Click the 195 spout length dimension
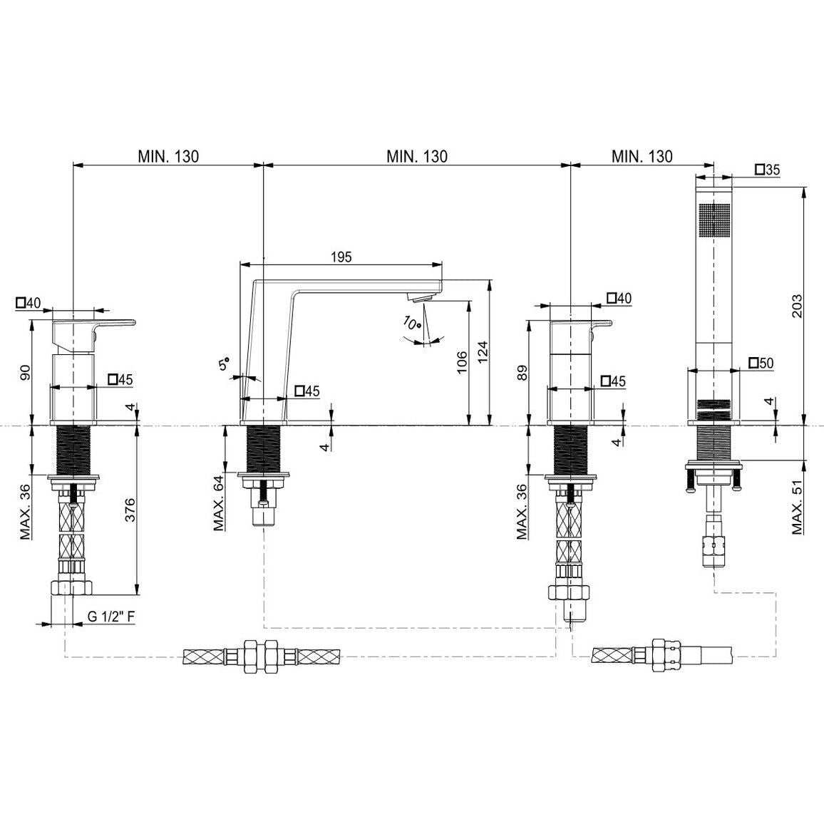pos(341,257)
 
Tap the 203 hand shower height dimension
pos(797,305)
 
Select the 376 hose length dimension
pos(130,509)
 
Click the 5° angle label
pos(225,363)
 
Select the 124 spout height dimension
pos(483,351)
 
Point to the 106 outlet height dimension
pos(461,362)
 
